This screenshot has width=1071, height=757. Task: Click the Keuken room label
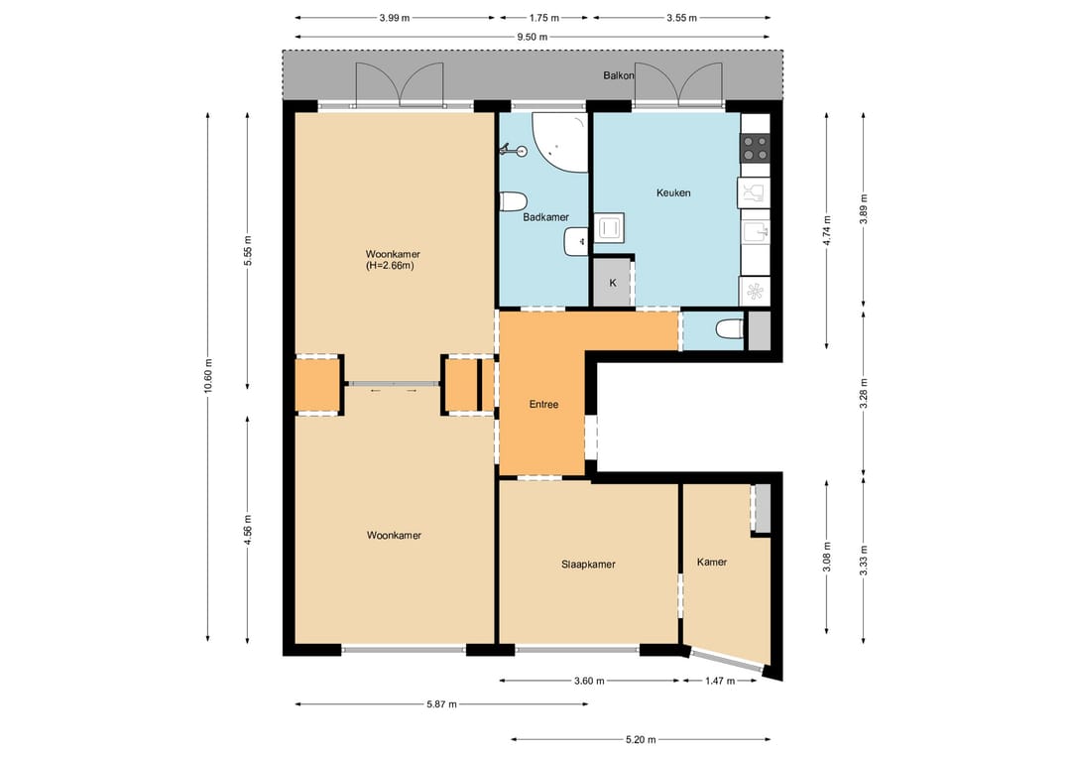(673, 192)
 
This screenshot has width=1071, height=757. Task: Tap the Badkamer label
(545, 217)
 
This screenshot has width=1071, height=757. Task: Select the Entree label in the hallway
(543, 405)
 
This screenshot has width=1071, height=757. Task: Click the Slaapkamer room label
(588, 565)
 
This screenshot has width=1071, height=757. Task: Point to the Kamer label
(712, 563)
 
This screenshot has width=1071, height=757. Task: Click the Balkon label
(618, 75)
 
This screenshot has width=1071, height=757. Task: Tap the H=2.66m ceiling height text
(390, 266)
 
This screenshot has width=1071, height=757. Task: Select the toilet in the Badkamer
(513, 201)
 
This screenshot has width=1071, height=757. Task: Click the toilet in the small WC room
(730, 330)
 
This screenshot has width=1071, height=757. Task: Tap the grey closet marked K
(612, 282)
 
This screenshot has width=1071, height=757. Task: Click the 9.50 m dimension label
(533, 37)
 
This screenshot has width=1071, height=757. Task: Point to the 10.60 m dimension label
(208, 375)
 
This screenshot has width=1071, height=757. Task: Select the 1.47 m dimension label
(720, 681)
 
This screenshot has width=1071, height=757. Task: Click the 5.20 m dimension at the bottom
(641, 739)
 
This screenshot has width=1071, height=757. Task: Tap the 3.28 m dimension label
(864, 394)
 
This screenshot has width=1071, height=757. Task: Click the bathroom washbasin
(575, 242)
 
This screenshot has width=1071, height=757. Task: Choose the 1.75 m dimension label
(543, 18)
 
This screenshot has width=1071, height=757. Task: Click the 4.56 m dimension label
(247, 530)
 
